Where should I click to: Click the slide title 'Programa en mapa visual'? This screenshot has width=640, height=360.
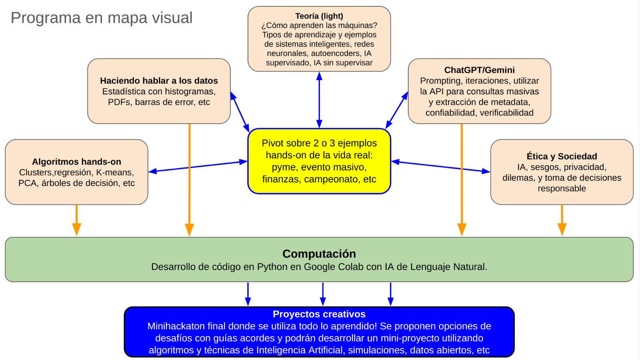click(102, 18)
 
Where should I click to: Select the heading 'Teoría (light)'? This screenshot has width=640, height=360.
click(319, 16)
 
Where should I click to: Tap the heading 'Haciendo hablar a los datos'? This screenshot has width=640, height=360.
click(159, 81)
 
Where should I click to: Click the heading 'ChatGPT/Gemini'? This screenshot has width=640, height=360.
click(479, 70)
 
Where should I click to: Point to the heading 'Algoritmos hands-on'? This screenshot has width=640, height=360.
click(76, 162)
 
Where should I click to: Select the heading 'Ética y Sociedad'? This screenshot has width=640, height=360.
click(562, 156)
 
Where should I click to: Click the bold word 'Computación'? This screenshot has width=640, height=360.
click(319, 254)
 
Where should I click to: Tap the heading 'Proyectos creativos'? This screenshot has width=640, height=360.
click(319, 314)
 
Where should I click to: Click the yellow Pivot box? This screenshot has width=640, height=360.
click(319, 161)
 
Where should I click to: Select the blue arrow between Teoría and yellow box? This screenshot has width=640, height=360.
click(319, 100)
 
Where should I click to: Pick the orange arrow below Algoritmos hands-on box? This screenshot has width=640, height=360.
click(76, 220)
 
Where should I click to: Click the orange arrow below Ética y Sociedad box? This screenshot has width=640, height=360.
click(562, 220)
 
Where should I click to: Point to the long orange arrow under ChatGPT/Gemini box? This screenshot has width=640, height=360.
click(462, 180)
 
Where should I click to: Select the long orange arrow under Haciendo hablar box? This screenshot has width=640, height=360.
click(189, 180)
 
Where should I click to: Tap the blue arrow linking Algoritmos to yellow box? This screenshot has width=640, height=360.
click(198, 166)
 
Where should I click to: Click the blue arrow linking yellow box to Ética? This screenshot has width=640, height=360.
click(440, 166)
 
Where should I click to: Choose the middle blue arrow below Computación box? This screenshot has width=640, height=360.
click(323, 294)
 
